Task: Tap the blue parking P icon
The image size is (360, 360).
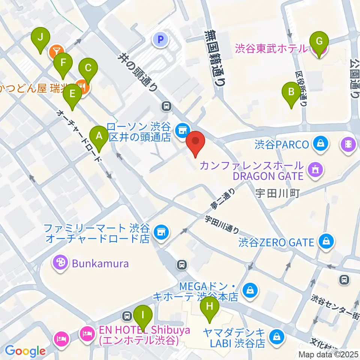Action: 161,39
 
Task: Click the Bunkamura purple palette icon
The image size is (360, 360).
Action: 60,263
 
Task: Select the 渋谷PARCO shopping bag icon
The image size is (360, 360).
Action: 321,144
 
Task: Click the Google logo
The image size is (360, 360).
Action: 25,351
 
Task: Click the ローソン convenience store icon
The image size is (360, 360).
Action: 183,130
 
